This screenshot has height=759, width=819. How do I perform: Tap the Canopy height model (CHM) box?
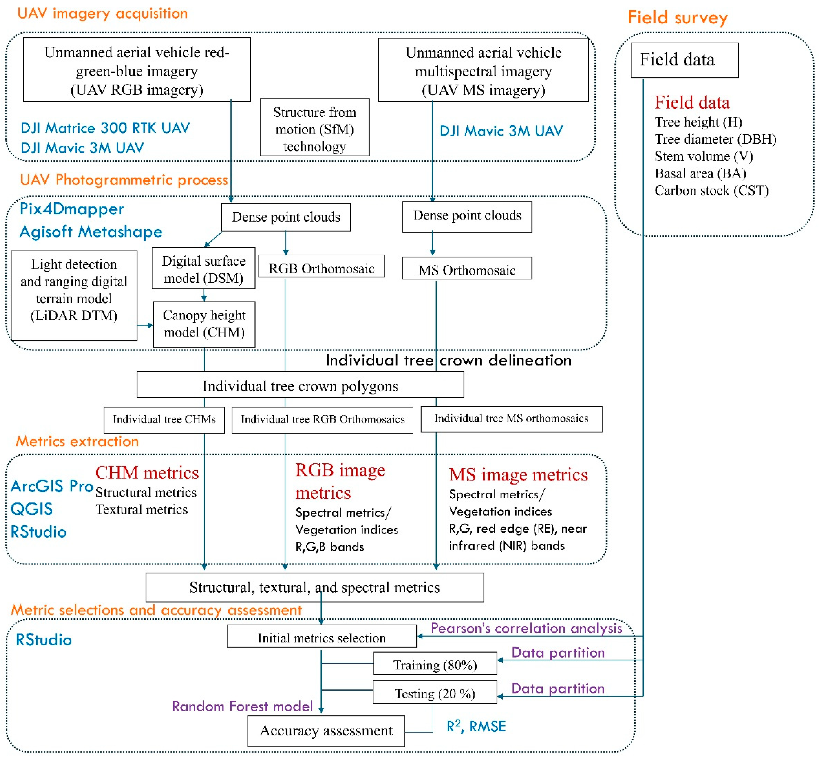click(204, 324)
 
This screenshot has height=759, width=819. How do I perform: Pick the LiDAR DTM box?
click(74, 295)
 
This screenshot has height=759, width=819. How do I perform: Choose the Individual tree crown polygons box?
click(300, 385)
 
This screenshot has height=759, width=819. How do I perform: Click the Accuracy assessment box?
click(326, 731)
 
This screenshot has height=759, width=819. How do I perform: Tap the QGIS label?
click(32, 509)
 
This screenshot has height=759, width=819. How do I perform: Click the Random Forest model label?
click(242, 706)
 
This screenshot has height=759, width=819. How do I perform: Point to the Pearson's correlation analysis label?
click(526, 628)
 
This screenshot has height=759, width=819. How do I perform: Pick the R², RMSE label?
click(476, 726)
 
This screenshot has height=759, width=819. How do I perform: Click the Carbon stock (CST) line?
click(711, 191)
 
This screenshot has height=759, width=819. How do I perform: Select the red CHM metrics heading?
click(147, 473)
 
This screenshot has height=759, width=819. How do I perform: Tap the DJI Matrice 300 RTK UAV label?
click(105, 128)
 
